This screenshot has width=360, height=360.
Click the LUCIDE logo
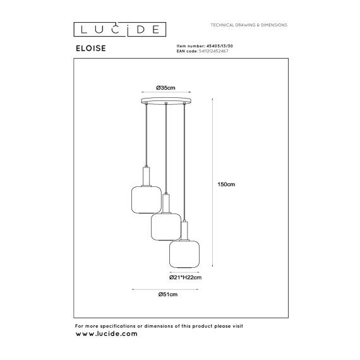click(x=119, y=30)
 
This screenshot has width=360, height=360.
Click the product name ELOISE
click(x=91, y=48)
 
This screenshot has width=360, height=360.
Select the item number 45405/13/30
click(x=220, y=46)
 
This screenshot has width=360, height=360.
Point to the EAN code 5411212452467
click(x=213, y=51)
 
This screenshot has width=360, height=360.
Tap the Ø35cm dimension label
click(x=165, y=88)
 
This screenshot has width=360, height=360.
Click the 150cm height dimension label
click(x=226, y=184)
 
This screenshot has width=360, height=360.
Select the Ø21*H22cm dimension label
click(x=185, y=277)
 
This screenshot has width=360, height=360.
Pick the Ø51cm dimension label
click(x=168, y=294)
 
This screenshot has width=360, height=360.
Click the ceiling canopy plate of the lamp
click(x=166, y=100)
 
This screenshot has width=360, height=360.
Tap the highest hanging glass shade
click(x=147, y=200)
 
